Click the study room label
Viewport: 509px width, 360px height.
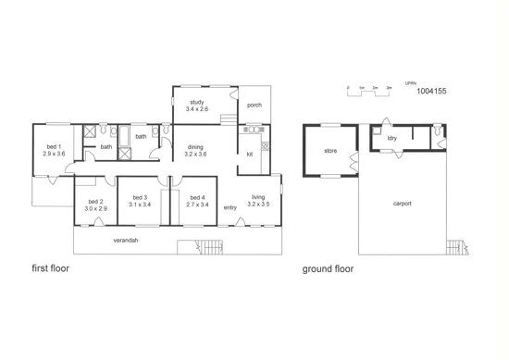pyautogui.click(x=196, y=102)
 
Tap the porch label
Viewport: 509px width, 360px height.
pyautogui.click(x=254, y=106)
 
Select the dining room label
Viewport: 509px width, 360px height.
pyautogui.click(x=195, y=146)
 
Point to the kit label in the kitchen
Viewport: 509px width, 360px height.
pyautogui.click(x=249, y=154)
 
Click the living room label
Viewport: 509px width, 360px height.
pyautogui.click(x=258, y=196)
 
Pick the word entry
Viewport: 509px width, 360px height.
pyautogui.click(x=230, y=207)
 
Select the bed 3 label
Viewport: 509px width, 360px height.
pyautogui.click(x=140, y=196)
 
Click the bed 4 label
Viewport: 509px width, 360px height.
pyautogui.click(x=196, y=196)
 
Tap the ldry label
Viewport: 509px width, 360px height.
pyautogui.click(x=392, y=139)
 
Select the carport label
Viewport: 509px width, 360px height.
pyautogui.click(x=402, y=204)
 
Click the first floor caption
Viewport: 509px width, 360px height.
pyautogui.click(x=51, y=269)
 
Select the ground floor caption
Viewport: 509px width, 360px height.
pyautogui.click(x=328, y=269)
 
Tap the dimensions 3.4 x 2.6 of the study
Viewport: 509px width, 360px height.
pyautogui.click(x=197, y=109)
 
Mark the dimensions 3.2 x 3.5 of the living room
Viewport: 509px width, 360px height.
pyautogui.click(x=258, y=203)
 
